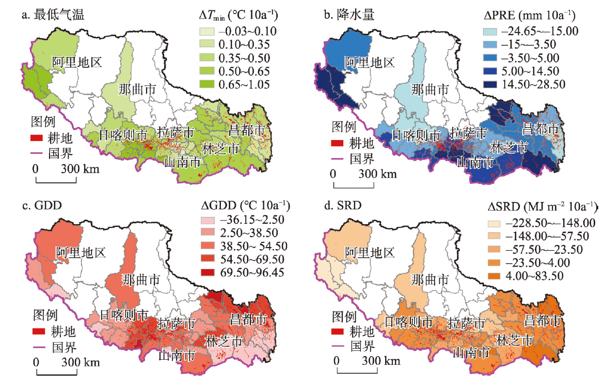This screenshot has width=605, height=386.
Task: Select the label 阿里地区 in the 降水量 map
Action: point(369,63)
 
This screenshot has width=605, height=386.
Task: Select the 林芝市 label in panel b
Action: point(510,147)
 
